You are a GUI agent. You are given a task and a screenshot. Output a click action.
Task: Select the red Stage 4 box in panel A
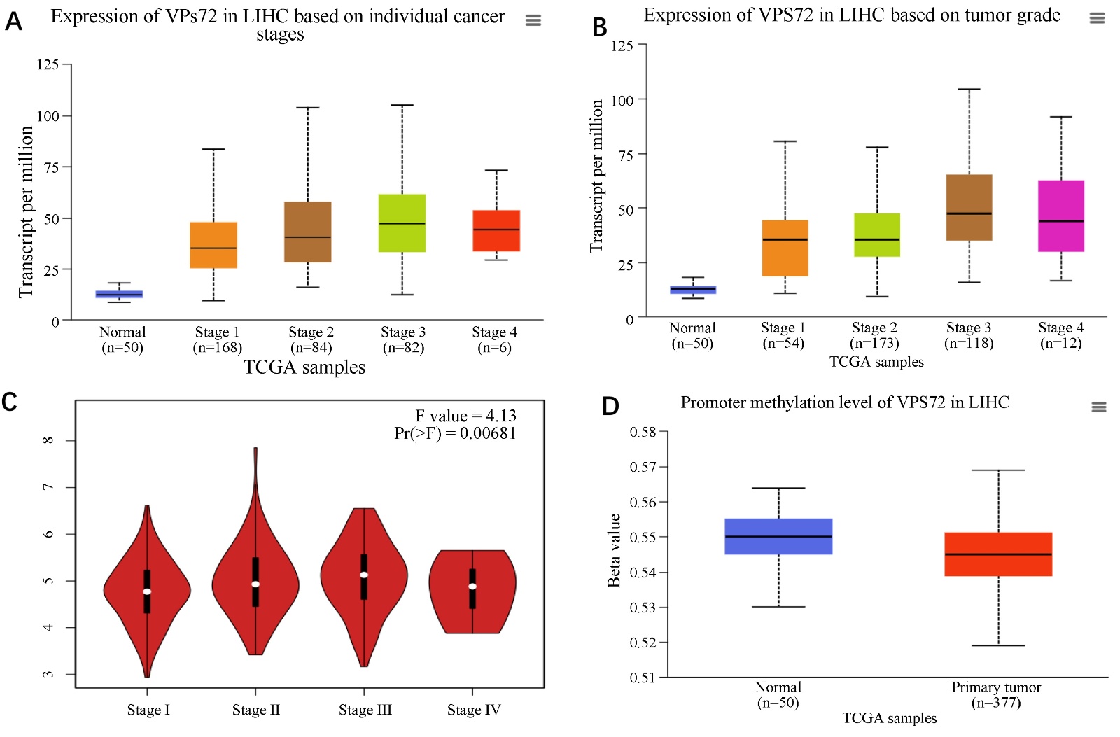(x=496, y=230)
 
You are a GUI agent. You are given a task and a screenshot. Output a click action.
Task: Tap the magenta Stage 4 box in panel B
(x=1060, y=216)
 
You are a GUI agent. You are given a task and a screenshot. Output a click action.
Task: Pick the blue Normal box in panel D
(x=778, y=536)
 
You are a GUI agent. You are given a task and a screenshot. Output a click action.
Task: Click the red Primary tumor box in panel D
(x=998, y=554)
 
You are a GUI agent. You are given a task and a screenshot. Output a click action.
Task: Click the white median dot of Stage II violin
(x=255, y=584)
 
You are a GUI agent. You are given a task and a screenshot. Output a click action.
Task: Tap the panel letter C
(x=10, y=402)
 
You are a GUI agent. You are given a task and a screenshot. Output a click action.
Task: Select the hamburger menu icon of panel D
(x=1098, y=407)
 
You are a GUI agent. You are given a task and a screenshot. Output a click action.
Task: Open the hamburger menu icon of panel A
(x=533, y=20)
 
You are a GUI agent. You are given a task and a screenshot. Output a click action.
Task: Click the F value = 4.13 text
(x=465, y=416)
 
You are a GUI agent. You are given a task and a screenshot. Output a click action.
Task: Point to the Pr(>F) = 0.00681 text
(x=455, y=433)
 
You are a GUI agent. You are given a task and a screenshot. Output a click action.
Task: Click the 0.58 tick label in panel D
(x=643, y=432)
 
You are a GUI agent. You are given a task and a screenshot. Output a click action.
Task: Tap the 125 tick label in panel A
(x=48, y=64)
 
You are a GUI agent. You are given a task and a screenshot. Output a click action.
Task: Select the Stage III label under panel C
(x=365, y=710)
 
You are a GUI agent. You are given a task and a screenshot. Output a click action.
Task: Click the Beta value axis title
(x=614, y=550)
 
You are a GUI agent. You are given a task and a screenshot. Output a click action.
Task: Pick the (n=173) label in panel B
(x=874, y=343)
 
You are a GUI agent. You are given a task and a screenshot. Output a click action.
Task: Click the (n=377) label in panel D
(x=996, y=702)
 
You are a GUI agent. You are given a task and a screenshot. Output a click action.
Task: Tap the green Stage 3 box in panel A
(x=402, y=223)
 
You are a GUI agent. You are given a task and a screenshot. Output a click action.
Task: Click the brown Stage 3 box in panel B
(x=969, y=207)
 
